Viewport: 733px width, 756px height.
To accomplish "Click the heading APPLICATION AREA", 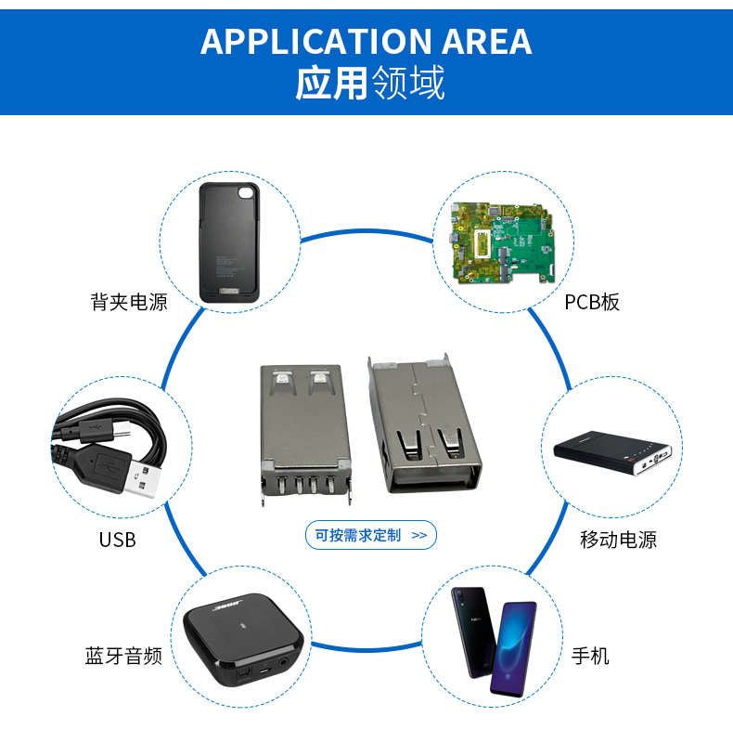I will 366,42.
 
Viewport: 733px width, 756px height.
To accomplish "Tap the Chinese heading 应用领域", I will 369,84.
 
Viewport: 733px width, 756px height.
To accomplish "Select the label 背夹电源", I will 129,302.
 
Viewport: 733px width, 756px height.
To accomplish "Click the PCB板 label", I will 591,302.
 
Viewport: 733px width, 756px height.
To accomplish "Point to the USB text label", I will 118,540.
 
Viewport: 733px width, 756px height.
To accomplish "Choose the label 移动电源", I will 618,540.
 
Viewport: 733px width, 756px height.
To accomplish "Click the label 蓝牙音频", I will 123,657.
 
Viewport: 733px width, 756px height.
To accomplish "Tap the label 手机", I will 590,657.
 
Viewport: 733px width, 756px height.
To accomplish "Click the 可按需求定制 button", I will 370,535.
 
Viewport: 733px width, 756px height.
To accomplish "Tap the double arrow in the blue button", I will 418,535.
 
